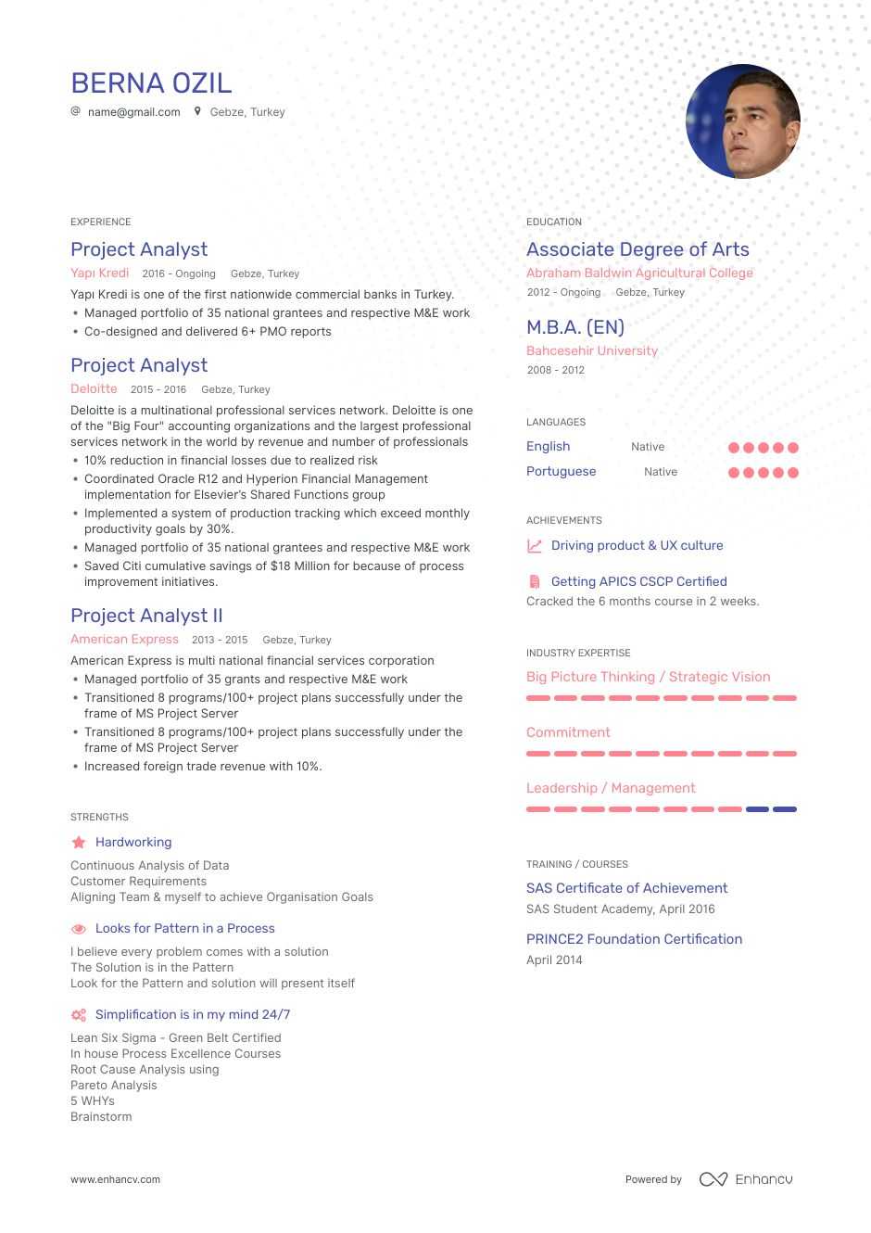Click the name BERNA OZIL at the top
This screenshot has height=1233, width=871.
[151, 83]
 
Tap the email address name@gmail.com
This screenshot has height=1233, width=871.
[133, 112]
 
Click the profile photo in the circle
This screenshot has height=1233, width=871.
[742, 121]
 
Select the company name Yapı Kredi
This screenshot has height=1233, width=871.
[99, 273]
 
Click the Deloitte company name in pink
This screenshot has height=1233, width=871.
[94, 389]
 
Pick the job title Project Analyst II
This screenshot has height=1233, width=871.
[146, 616]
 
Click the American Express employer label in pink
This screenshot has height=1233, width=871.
[124, 640]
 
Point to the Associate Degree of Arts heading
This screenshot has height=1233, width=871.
[637, 249]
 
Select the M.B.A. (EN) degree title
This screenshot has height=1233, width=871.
[575, 327]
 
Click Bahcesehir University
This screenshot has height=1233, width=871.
[592, 351]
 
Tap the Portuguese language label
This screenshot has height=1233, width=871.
[561, 472]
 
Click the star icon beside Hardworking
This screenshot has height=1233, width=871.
[79, 843]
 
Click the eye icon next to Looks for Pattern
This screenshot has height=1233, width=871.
[79, 929]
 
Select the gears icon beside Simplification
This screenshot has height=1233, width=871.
[79, 1015]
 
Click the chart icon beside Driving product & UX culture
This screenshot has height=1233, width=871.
[535, 546]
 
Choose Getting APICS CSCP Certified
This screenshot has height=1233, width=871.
[638, 582]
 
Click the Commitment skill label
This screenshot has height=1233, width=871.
[568, 732]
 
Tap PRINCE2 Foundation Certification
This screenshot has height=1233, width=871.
[634, 939]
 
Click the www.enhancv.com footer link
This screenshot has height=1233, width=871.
[115, 1180]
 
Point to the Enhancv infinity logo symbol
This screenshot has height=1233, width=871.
[713, 1179]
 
